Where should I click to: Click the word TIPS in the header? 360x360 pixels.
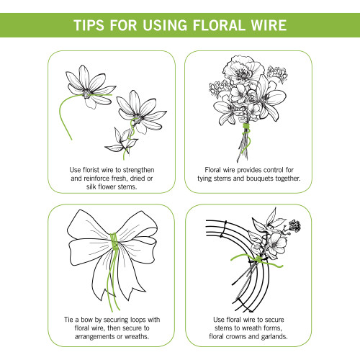point(91,27)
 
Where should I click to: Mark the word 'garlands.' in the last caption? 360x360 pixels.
point(289,336)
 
